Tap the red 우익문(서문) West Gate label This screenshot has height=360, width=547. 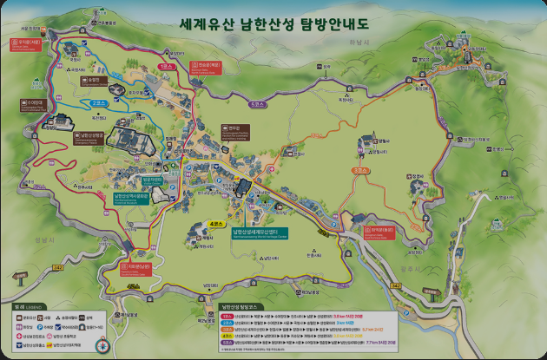point(28,41)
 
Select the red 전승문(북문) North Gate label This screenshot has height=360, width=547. point(208,63)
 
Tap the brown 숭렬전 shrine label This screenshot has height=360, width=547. point(95,79)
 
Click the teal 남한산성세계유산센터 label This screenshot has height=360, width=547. point(260,232)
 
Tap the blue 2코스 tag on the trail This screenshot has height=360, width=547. point(97,102)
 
